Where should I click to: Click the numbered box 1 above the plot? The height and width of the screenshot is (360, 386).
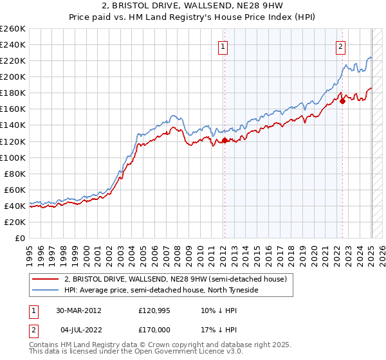[223, 46]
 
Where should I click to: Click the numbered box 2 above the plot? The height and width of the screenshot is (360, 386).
[340, 46]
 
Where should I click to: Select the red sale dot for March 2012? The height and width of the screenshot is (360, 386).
[225, 140]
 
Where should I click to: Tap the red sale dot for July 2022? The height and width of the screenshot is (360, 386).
[342, 101]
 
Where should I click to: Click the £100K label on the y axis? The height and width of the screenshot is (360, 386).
[13, 157]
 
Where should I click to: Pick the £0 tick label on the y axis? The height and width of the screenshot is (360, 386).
[20, 238]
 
